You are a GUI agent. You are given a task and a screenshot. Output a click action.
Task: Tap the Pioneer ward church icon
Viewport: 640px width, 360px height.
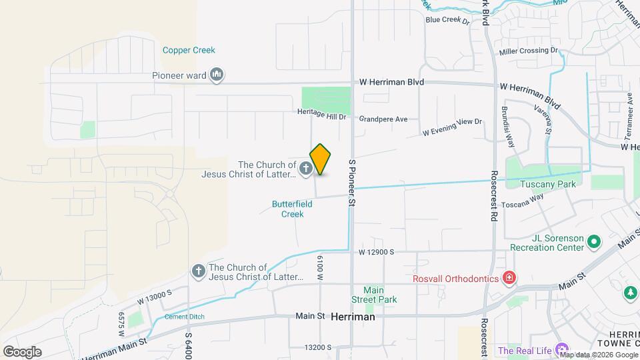(216, 74)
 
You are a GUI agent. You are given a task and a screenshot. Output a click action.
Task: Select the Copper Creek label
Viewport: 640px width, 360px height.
(189, 50)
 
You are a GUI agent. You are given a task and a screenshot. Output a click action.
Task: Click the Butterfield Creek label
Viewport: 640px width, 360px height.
(292, 209)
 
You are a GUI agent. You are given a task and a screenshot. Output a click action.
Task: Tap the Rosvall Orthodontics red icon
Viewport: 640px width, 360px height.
(509, 277)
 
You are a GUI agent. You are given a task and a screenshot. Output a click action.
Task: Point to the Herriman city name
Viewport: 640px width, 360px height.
(353, 317)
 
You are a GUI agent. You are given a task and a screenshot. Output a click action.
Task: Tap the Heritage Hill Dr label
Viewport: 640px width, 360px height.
(322, 115)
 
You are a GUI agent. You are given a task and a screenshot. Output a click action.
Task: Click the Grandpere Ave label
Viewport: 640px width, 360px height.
(383, 119)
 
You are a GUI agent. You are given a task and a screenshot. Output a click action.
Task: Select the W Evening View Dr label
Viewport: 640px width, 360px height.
(451, 127)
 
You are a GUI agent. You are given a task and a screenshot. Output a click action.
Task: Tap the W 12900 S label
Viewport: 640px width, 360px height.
(377, 252)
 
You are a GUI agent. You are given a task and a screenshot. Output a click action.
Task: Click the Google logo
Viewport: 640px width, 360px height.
(22, 351)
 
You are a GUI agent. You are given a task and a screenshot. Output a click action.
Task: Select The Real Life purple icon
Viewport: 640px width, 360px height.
(562, 350)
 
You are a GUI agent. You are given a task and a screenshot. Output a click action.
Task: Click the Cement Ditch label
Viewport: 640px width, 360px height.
(185, 316)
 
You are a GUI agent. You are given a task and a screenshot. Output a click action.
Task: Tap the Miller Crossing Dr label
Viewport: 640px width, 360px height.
(528, 50)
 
